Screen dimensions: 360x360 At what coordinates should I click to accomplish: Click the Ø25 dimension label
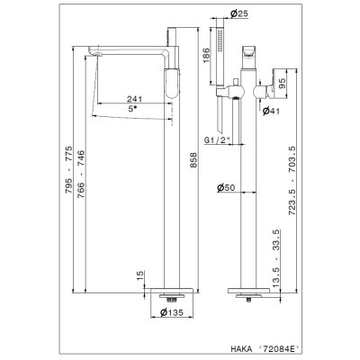pyautogui.click(x=239, y=13)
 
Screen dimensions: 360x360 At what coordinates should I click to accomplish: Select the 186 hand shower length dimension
pyautogui.click(x=206, y=56)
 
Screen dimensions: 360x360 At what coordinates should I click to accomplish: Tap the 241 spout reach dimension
pyautogui.click(x=134, y=99)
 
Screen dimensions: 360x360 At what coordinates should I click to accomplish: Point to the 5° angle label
pyautogui.click(x=132, y=109)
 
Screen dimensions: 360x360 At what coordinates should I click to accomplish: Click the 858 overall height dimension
pyautogui.click(x=193, y=160)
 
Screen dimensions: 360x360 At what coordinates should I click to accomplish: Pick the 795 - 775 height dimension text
pyautogui.click(x=68, y=169)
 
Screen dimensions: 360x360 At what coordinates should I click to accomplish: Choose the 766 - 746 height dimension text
pyautogui.click(x=81, y=174)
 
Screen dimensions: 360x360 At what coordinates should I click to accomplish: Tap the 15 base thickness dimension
pyautogui.click(x=140, y=275)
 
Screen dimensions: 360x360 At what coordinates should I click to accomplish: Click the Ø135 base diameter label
pyautogui.click(x=172, y=313)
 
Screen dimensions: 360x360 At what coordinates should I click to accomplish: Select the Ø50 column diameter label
pyautogui.click(x=226, y=188)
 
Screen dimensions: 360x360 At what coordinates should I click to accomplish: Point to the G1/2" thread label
pyautogui.click(x=216, y=140)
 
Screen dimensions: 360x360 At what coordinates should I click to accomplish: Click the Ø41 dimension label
pyautogui.click(x=271, y=112)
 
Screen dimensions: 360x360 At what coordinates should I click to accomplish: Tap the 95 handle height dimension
pyautogui.click(x=283, y=84)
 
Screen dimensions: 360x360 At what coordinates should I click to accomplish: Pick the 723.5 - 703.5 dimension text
pyautogui.click(x=292, y=180)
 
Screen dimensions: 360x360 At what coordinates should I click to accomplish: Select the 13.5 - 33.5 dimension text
pyautogui.click(x=276, y=256)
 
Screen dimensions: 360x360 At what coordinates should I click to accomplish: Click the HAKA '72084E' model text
pyautogui.click(x=265, y=348)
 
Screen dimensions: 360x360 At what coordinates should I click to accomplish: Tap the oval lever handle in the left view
pyautogui.click(x=172, y=84)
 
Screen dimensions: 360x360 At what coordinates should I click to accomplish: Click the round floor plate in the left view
pyautogui.click(x=172, y=291)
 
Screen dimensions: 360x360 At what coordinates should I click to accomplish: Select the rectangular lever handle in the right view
pyautogui.click(x=281, y=84)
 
